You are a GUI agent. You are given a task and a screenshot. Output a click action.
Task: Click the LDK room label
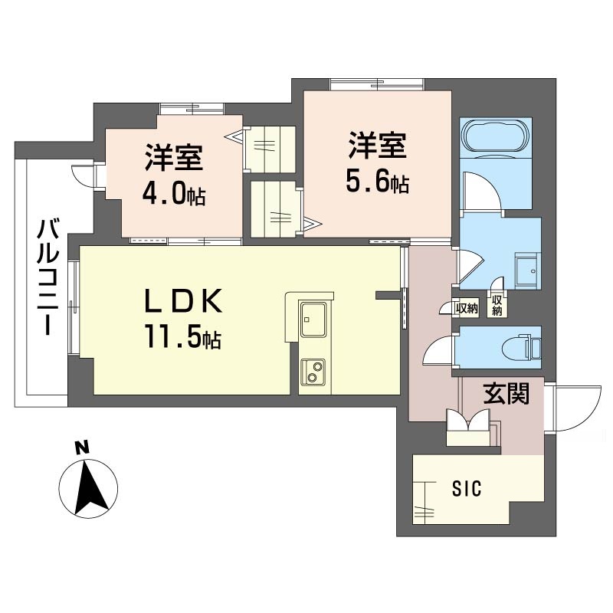coord(183,301)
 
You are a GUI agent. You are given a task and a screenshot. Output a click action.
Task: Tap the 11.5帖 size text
coord(184,336)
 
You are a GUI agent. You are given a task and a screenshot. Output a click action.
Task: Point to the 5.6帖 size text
coord(378,181)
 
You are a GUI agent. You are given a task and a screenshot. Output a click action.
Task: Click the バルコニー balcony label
coord(48,277)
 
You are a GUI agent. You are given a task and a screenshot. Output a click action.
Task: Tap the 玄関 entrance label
coord(506,394)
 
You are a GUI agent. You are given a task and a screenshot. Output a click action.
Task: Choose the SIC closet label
coord(467,488)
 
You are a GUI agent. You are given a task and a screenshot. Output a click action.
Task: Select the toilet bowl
coord(520,347)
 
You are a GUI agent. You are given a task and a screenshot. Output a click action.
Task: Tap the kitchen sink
coord(313,319)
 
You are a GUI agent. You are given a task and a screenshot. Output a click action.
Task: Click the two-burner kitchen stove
coord(313,371)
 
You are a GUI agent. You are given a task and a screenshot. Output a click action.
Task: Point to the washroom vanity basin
coord(527,270)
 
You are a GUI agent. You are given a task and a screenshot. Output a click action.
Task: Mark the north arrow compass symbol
coord(88,488)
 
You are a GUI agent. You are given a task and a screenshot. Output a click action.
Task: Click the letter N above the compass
coord(82,448)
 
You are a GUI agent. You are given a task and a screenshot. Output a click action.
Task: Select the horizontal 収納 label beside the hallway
coord(467,309)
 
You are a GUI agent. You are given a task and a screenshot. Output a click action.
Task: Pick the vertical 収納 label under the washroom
coord(497,305)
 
